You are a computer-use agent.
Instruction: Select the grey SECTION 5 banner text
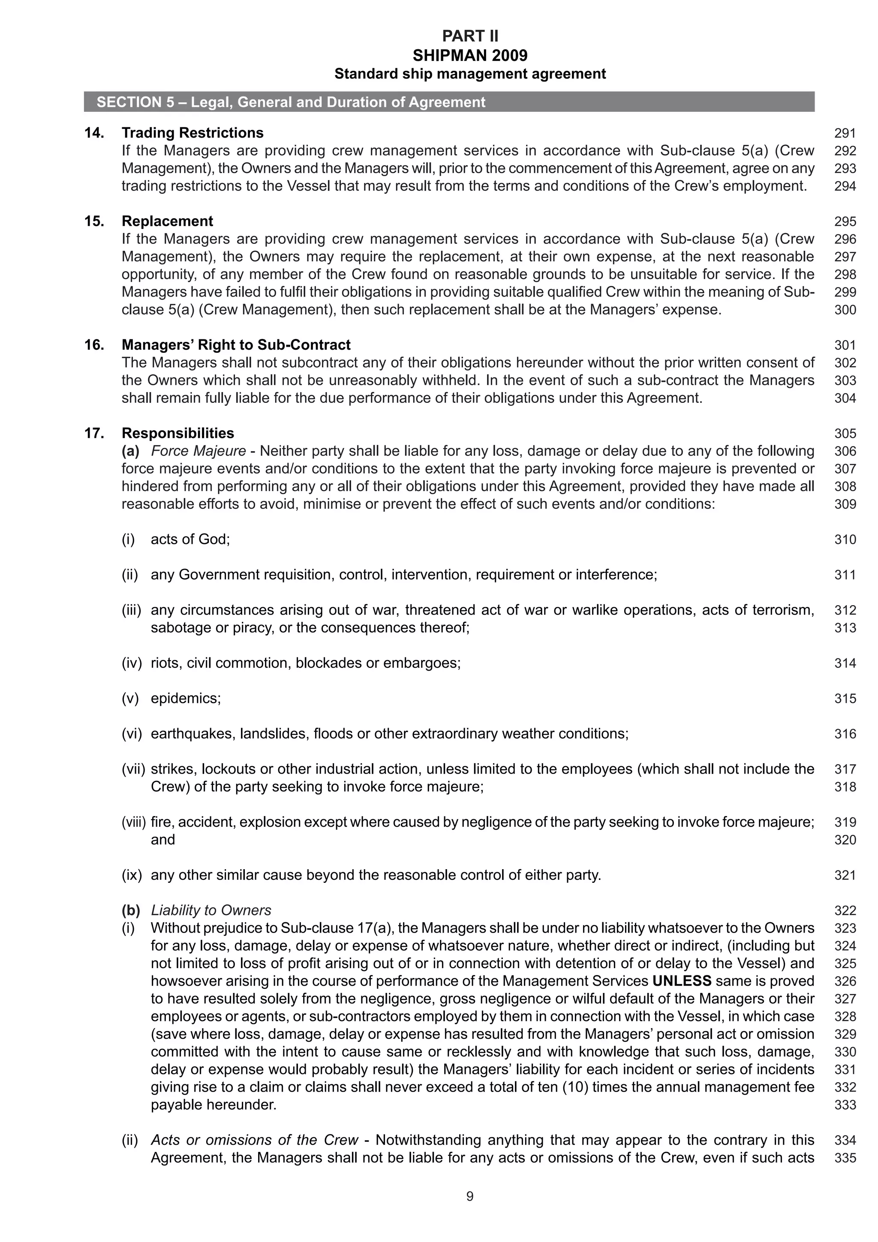click(x=291, y=102)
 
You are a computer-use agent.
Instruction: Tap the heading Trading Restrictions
click(x=192, y=132)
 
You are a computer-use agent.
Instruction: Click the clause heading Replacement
click(x=167, y=221)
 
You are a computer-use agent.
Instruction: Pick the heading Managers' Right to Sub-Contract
click(x=236, y=345)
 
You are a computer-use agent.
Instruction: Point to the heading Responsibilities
click(x=177, y=433)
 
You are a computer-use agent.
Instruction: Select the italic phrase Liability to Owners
click(x=211, y=910)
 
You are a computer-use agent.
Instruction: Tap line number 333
click(x=845, y=1104)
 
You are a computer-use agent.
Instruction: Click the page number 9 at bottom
click(x=469, y=1196)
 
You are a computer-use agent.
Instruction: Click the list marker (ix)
click(x=132, y=875)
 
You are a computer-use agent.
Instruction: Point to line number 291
click(x=845, y=133)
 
